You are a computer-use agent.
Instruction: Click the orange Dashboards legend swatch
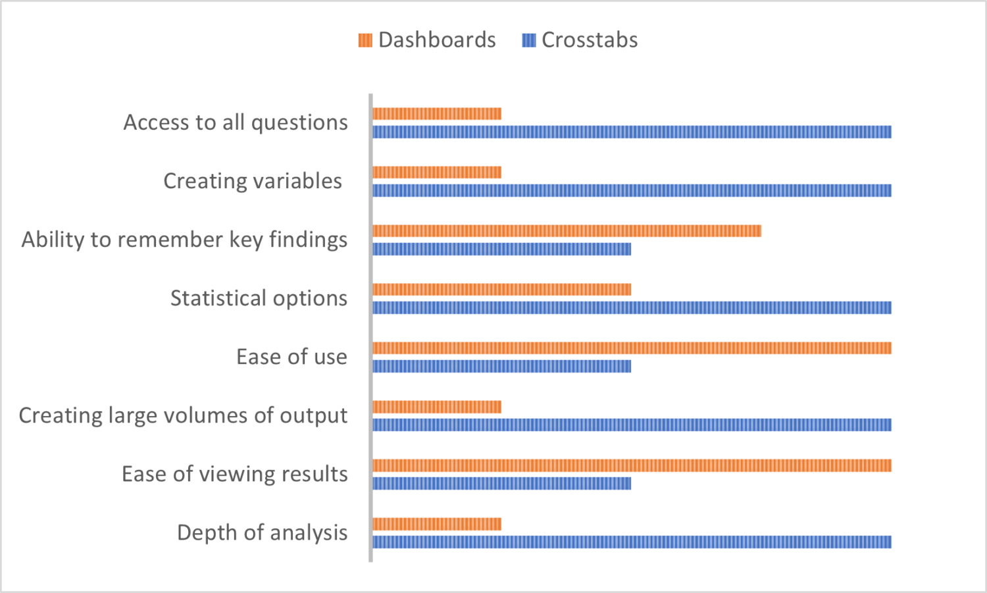coord(365,41)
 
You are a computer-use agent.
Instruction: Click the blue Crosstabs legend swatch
coord(529,41)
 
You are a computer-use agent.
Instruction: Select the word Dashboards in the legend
coord(437,40)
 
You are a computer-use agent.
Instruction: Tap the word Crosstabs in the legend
coord(590,40)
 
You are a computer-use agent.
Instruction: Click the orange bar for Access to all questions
coord(437,114)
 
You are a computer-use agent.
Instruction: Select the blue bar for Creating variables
coord(632,191)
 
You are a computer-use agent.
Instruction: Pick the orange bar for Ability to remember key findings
coord(567,231)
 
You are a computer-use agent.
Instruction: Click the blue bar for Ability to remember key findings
coord(501,249)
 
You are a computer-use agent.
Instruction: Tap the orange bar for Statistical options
coord(501,290)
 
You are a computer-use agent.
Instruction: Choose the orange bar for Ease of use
coord(632,348)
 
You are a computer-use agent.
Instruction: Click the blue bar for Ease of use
coord(501,367)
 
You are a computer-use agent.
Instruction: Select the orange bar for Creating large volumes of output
coord(437,407)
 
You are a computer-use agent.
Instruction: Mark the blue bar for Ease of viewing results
coord(501,484)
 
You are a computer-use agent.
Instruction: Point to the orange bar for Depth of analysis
coord(437,524)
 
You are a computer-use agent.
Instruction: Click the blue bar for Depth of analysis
coord(632,542)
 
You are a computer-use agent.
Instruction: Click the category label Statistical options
coord(259,298)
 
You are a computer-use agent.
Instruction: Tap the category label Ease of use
coord(291,357)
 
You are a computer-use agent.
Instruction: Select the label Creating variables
coord(253,181)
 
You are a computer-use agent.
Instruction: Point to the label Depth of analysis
coord(262,532)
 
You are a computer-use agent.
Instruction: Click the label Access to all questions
coord(236,122)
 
